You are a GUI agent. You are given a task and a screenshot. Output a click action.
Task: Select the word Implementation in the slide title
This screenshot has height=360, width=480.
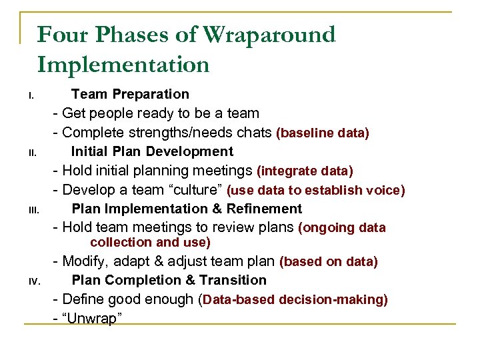point(123,65)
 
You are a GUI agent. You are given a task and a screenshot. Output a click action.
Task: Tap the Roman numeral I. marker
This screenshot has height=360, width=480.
point(31,97)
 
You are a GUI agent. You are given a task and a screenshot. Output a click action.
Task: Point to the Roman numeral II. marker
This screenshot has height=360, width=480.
point(31,154)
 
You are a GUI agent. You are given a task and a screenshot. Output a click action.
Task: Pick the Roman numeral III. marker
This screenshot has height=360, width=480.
point(33,212)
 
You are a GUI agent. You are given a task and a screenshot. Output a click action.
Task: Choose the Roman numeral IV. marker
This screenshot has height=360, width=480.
point(33,283)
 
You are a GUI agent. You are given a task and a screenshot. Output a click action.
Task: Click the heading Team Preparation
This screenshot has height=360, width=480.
point(130,95)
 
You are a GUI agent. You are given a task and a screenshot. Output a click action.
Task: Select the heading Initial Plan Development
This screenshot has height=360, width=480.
point(152,152)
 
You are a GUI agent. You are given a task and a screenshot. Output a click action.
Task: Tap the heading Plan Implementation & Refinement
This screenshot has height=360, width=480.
point(187,209)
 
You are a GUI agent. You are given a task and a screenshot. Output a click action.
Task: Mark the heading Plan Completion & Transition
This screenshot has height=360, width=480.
point(169,281)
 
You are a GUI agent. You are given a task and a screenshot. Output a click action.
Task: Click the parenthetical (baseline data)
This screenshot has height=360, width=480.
point(322,133)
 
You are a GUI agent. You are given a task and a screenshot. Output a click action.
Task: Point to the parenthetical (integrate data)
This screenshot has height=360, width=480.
point(305,171)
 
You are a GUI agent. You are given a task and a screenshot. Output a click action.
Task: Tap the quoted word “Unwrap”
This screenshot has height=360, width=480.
point(90,319)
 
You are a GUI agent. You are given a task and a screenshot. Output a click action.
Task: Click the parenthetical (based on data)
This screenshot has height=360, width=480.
point(328,262)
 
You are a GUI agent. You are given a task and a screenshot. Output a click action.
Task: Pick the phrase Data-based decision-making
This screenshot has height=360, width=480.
point(294,300)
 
